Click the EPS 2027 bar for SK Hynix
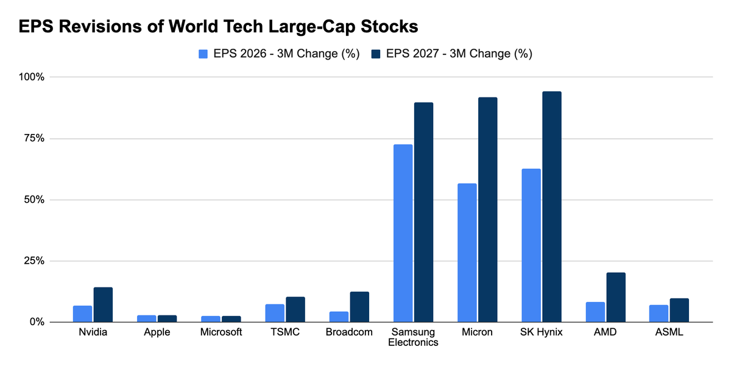pyautogui.click(x=552, y=207)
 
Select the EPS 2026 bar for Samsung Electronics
pyautogui.click(x=403, y=233)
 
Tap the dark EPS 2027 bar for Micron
pyautogui.click(x=488, y=209)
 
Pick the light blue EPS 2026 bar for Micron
pyautogui.click(x=467, y=253)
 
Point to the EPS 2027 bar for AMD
pyautogui.click(x=616, y=298)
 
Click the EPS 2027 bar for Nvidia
pyautogui.click(x=103, y=304)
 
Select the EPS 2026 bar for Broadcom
pyautogui.click(x=339, y=317)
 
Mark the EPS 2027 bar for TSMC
pyautogui.click(x=295, y=309)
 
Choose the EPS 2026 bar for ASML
pyautogui.click(x=659, y=314)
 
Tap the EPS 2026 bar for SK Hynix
pyautogui.click(x=531, y=245)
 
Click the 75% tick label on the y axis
pyautogui.click(x=34, y=138)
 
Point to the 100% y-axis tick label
pyautogui.click(x=31, y=77)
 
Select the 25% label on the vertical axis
pyautogui.click(x=34, y=261)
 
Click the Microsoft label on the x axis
pyautogui.click(x=221, y=332)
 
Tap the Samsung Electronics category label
pyautogui.click(x=413, y=337)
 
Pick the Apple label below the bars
pyautogui.click(x=157, y=333)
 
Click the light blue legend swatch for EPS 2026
pyautogui.click(x=203, y=54)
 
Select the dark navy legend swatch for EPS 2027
pyautogui.click(x=376, y=54)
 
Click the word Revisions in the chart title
pyautogui.click(x=100, y=26)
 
